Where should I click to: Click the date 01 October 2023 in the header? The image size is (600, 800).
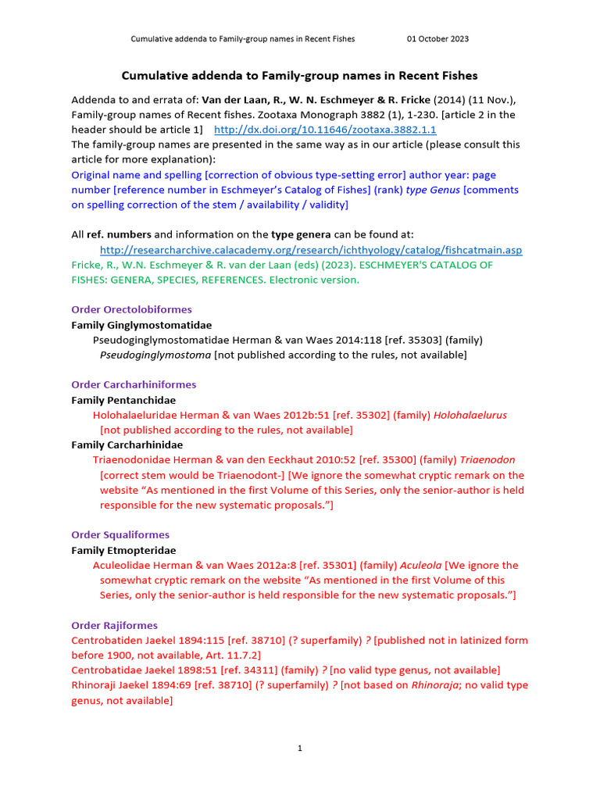tap(437, 39)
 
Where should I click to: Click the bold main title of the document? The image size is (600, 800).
tap(299, 76)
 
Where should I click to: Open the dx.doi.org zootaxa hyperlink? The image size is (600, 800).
tap(325, 130)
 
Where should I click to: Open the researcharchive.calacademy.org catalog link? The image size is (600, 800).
tap(311, 250)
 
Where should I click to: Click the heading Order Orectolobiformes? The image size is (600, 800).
tap(131, 309)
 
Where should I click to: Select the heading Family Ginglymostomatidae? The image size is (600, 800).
tap(141, 325)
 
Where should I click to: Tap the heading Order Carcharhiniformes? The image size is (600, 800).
tap(134, 385)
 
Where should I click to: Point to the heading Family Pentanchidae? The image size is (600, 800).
tap(123, 400)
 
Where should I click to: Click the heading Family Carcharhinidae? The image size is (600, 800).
tap(127, 445)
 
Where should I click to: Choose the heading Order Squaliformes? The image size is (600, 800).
tap(120, 535)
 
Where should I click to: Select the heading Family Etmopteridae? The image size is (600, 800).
tap(123, 551)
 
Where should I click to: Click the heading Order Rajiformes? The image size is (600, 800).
tap(114, 626)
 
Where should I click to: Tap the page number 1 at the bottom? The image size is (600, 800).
tap(299, 748)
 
